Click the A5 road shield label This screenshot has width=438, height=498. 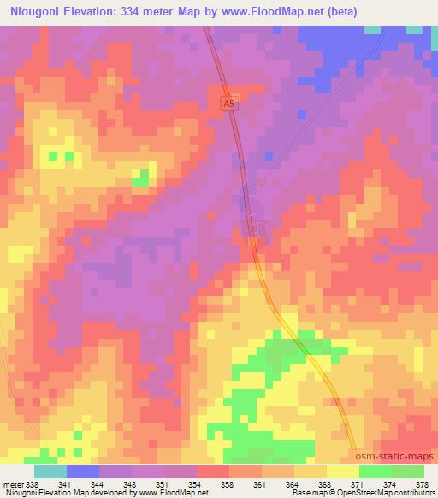pyautogui.click(x=227, y=103)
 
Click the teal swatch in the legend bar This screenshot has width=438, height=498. pyautogui.click(x=50, y=471)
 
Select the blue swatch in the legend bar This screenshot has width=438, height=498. pyautogui.click(x=83, y=471)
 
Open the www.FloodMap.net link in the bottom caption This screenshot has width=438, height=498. pyautogui.click(x=168, y=492)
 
